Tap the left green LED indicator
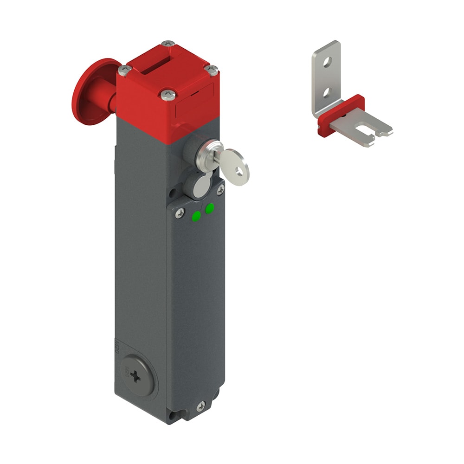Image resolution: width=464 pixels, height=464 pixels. click(x=197, y=215)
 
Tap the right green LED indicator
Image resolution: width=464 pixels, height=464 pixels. click(x=210, y=208)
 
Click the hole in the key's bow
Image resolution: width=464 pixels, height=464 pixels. click(x=239, y=172)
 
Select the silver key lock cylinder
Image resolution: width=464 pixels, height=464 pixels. click(x=204, y=153)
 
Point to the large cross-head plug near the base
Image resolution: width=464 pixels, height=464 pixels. click(x=136, y=377)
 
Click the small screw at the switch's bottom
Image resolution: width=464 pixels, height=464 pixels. click(x=200, y=406)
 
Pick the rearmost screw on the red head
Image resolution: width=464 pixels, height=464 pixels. click(x=168, y=45)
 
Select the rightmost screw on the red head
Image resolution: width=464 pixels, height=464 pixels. click(x=211, y=70)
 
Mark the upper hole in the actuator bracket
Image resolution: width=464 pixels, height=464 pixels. click(x=328, y=60)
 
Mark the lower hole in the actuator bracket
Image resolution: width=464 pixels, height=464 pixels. click(x=327, y=93)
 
